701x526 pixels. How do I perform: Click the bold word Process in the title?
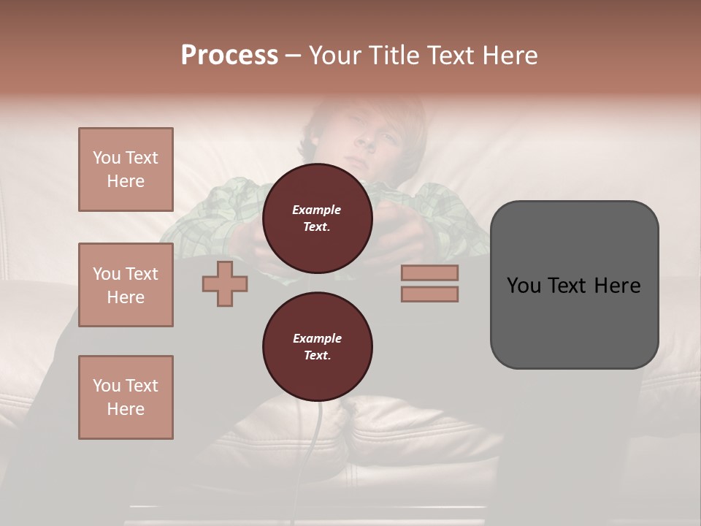[229, 56]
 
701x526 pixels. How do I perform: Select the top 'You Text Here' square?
[126, 169]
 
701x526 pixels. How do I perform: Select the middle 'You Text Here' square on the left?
[126, 285]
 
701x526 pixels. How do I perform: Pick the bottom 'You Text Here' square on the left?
[126, 397]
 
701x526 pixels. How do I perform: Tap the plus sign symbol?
[225, 284]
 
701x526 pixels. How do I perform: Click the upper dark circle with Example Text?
[317, 218]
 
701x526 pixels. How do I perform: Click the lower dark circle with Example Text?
[317, 347]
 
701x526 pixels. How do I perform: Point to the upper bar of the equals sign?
[429, 272]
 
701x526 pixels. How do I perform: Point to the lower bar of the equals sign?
[429, 294]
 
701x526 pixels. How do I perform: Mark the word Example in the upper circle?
[317, 210]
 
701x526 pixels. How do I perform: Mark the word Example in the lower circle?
[317, 338]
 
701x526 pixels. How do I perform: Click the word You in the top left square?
[106, 158]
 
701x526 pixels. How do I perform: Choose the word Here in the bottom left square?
[126, 409]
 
